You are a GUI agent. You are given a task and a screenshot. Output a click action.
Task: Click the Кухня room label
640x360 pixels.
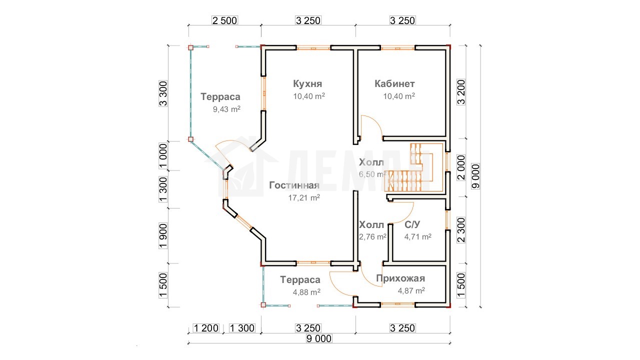(x=307, y=83)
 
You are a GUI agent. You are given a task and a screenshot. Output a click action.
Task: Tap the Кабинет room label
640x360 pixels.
(x=394, y=83)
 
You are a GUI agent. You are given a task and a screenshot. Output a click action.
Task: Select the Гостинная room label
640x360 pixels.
(x=294, y=185)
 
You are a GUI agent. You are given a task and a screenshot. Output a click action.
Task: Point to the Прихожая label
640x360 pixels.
(x=400, y=278)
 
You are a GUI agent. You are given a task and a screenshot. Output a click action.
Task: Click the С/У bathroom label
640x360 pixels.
(x=412, y=225)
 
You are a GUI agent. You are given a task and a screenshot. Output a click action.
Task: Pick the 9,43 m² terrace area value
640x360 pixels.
(x=226, y=109)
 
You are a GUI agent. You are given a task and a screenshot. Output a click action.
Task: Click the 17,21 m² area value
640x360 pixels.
(x=304, y=197)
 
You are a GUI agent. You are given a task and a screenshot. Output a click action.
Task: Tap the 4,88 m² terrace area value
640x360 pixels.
(x=306, y=292)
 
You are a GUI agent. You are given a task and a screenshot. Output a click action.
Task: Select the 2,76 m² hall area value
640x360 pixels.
(x=372, y=237)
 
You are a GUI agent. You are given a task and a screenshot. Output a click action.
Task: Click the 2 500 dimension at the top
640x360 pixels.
(x=224, y=20)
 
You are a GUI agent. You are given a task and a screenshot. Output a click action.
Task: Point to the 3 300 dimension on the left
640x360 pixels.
(x=163, y=93)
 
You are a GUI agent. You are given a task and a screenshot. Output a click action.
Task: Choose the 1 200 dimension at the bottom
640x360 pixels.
(x=206, y=328)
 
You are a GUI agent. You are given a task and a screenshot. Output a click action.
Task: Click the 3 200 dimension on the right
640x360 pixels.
(x=461, y=92)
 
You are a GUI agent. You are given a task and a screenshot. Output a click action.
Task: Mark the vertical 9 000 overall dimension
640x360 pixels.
(x=475, y=176)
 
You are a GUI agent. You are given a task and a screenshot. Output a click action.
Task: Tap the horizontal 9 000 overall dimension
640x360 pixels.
(x=319, y=338)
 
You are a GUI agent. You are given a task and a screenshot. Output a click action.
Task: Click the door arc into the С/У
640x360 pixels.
(x=407, y=215)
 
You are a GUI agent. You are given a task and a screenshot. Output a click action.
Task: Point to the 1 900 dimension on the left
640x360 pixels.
(x=163, y=236)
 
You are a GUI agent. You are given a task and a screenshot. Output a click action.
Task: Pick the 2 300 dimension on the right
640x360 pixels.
(x=461, y=230)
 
